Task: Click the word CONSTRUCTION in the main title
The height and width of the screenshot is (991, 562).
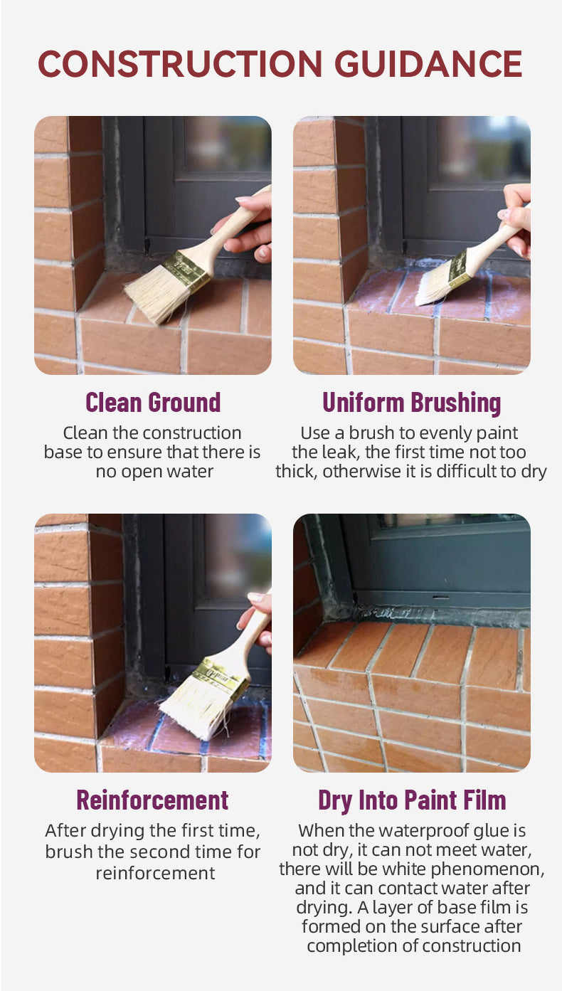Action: click(x=180, y=64)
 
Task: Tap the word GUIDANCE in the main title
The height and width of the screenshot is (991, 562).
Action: click(x=428, y=64)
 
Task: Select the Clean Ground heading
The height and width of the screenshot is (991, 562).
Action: click(x=153, y=402)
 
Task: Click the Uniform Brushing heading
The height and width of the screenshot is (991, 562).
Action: click(x=412, y=403)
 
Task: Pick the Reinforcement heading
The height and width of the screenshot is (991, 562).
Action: click(x=153, y=800)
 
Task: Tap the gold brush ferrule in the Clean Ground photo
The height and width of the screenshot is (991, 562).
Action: click(x=186, y=270)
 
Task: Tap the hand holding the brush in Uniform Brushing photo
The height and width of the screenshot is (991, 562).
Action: click(x=518, y=219)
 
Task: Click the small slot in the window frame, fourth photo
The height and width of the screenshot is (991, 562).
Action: click(x=440, y=598)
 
